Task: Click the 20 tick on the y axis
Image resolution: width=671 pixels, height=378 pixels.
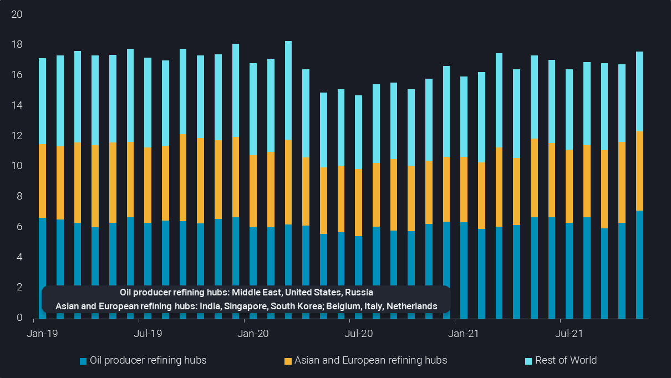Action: [17, 14]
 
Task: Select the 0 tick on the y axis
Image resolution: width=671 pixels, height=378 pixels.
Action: [19, 318]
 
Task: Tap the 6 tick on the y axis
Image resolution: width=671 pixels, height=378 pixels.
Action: [19, 227]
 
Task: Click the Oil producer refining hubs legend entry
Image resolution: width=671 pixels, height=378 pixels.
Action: [148, 360]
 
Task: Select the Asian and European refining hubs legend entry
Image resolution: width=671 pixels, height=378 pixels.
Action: [370, 360]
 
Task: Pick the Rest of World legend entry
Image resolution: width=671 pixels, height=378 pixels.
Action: [566, 360]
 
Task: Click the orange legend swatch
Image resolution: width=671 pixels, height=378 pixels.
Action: [287, 361]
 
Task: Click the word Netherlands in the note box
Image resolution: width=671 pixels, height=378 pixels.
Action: [411, 306]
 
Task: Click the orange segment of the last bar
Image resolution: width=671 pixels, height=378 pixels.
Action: [639, 171]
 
